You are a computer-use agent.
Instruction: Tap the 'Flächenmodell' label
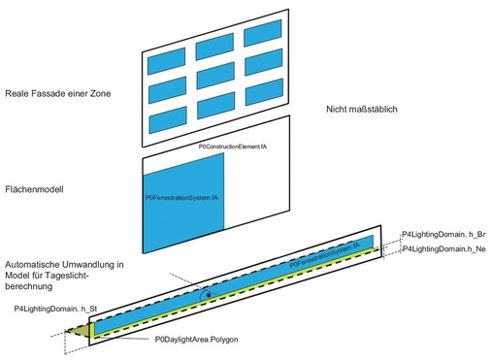pyautogui.click(x=34, y=188)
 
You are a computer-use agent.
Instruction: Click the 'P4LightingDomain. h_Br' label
pyautogui.click(x=443, y=234)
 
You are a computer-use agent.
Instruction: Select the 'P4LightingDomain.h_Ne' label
pyautogui.click(x=442, y=249)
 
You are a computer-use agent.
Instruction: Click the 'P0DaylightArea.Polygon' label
pyautogui.click(x=197, y=340)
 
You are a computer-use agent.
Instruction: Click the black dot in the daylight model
pyautogui.click(x=208, y=292)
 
